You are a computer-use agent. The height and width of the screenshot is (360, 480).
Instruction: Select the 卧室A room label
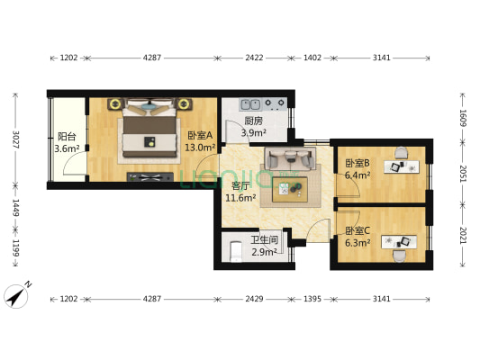click(x=199, y=135)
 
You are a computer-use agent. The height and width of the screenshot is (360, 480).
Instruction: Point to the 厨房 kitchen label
click(x=253, y=121)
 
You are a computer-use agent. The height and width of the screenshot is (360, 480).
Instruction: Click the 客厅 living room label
click(x=240, y=185)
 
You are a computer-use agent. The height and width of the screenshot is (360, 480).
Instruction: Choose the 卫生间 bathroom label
click(x=263, y=240)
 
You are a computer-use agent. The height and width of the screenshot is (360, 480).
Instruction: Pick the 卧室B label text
click(x=358, y=163)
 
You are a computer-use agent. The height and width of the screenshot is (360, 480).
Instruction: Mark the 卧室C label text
click(x=358, y=230)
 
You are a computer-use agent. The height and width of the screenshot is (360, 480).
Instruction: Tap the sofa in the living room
click(x=288, y=160)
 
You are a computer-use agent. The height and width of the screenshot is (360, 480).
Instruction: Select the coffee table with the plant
click(x=290, y=188)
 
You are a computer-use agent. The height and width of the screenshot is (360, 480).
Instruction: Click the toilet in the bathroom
click(x=231, y=247)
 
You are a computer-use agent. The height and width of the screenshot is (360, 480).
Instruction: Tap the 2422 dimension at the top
click(x=254, y=58)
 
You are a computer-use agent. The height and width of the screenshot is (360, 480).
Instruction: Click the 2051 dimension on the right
click(x=464, y=173)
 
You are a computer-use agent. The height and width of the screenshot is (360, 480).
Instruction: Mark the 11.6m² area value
click(x=240, y=197)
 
